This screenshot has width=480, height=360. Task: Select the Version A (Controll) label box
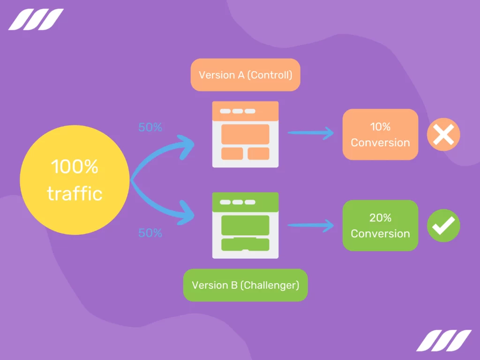point(245,75)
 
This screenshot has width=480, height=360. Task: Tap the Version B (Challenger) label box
point(245,285)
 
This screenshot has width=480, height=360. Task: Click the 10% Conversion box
point(380,135)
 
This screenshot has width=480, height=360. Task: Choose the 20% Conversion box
point(380,225)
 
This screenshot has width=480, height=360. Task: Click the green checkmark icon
point(443,225)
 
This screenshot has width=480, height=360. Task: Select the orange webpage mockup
point(245,134)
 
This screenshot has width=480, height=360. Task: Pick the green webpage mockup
point(245,225)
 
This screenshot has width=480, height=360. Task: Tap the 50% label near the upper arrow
point(150,127)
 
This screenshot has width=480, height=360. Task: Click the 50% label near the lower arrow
point(150,233)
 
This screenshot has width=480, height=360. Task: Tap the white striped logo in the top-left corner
point(36,19)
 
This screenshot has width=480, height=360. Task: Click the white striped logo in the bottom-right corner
point(443,340)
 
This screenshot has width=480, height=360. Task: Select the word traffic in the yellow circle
point(75,193)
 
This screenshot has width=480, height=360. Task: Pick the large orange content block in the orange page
point(245,134)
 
